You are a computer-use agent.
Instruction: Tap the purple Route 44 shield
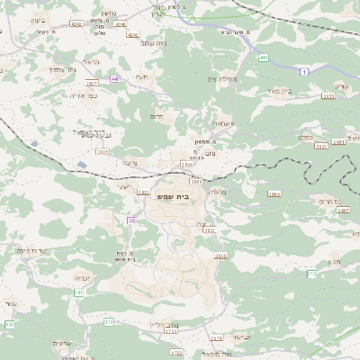(x=114, y=79)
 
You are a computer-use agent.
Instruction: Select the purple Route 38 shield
(x=131, y=220)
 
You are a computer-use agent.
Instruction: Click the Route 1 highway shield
(x=305, y=71)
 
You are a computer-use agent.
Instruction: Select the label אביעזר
(x=243, y=337)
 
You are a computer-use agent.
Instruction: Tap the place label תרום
(x=157, y=116)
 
